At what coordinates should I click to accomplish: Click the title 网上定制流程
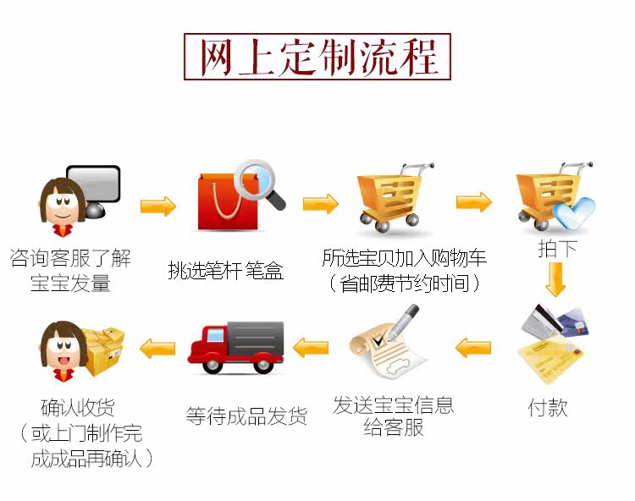[x=317, y=58]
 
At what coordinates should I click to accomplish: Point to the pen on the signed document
[x=405, y=321]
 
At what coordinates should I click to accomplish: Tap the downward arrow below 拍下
[x=555, y=279]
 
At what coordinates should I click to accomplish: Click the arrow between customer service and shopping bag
[x=157, y=206]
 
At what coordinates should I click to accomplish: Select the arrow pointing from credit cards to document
[x=473, y=346]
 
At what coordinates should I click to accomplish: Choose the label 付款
[x=548, y=408]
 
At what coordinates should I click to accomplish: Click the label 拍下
[x=557, y=249]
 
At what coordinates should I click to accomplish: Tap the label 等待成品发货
[x=246, y=416]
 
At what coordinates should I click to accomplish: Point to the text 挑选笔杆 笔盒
[x=225, y=271]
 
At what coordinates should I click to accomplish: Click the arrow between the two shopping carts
[x=473, y=202]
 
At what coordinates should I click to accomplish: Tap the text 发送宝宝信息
[x=394, y=405]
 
